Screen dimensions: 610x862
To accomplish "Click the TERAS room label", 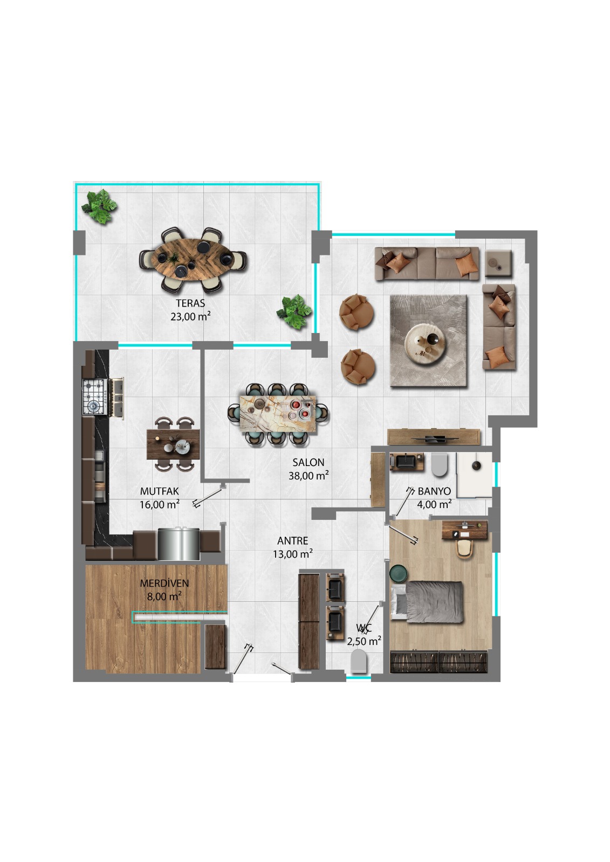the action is (x=190, y=303).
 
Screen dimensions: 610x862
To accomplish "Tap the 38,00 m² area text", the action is (x=309, y=476).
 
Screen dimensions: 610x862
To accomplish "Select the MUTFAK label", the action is (x=160, y=491).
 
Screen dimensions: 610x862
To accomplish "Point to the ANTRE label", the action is (x=292, y=541).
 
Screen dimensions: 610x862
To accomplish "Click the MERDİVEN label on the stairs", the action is (x=164, y=583).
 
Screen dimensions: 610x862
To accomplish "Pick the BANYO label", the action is (x=434, y=491).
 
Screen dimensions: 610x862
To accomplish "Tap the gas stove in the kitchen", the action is (x=95, y=397).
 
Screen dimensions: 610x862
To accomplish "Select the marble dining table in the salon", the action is (x=277, y=414).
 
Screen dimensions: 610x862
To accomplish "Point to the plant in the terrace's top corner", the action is (x=99, y=206).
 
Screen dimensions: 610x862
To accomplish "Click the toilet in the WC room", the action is (x=359, y=661).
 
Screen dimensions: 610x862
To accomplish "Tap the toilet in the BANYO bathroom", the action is (x=439, y=464).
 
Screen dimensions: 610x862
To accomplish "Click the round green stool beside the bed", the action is (x=399, y=574).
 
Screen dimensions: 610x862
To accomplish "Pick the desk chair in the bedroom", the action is (x=465, y=548).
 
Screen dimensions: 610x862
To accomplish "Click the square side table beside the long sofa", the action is (x=498, y=263).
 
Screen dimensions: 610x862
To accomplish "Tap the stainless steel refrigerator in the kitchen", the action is (x=179, y=544).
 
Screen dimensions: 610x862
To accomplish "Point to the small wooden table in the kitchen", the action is (x=173, y=444).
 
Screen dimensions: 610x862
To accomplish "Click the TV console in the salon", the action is (x=434, y=437).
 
